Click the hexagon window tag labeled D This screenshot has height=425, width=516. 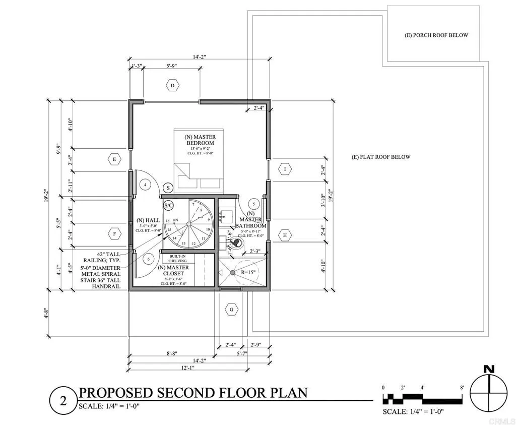172,86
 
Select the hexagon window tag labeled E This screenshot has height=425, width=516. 115,159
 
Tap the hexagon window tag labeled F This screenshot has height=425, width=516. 115,233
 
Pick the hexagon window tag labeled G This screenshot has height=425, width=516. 232,309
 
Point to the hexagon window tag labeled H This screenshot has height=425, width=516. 285,235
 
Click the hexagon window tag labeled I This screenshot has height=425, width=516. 285,169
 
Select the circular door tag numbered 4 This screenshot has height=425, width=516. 146,185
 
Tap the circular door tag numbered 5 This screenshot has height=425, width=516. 254,204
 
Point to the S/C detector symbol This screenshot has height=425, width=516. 169,206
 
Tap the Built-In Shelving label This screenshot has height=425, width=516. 174,259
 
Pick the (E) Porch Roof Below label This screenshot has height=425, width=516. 436,35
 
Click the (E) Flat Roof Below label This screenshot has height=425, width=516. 381,157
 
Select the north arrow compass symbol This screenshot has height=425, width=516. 488,392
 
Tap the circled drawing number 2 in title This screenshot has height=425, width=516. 63,402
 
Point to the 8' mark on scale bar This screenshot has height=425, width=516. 462,387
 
